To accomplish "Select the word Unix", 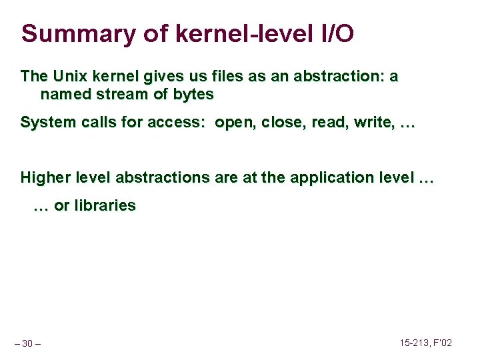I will pyautogui.click(x=72, y=77).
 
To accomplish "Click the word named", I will pyautogui.click(x=63, y=95).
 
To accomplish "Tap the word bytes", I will pyautogui.click(x=193, y=95).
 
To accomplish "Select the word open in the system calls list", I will pyautogui.click(x=234, y=123).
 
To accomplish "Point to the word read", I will pyautogui.click(x=325, y=123).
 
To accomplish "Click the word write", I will pyautogui.click(x=369, y=123).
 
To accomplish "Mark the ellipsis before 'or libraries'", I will pyautogui.click(x=41, y=206).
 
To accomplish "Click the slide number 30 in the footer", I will pyautogui.click(x=27, y=344).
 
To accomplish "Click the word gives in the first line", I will pyautogui.click(x=159, y=77).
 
